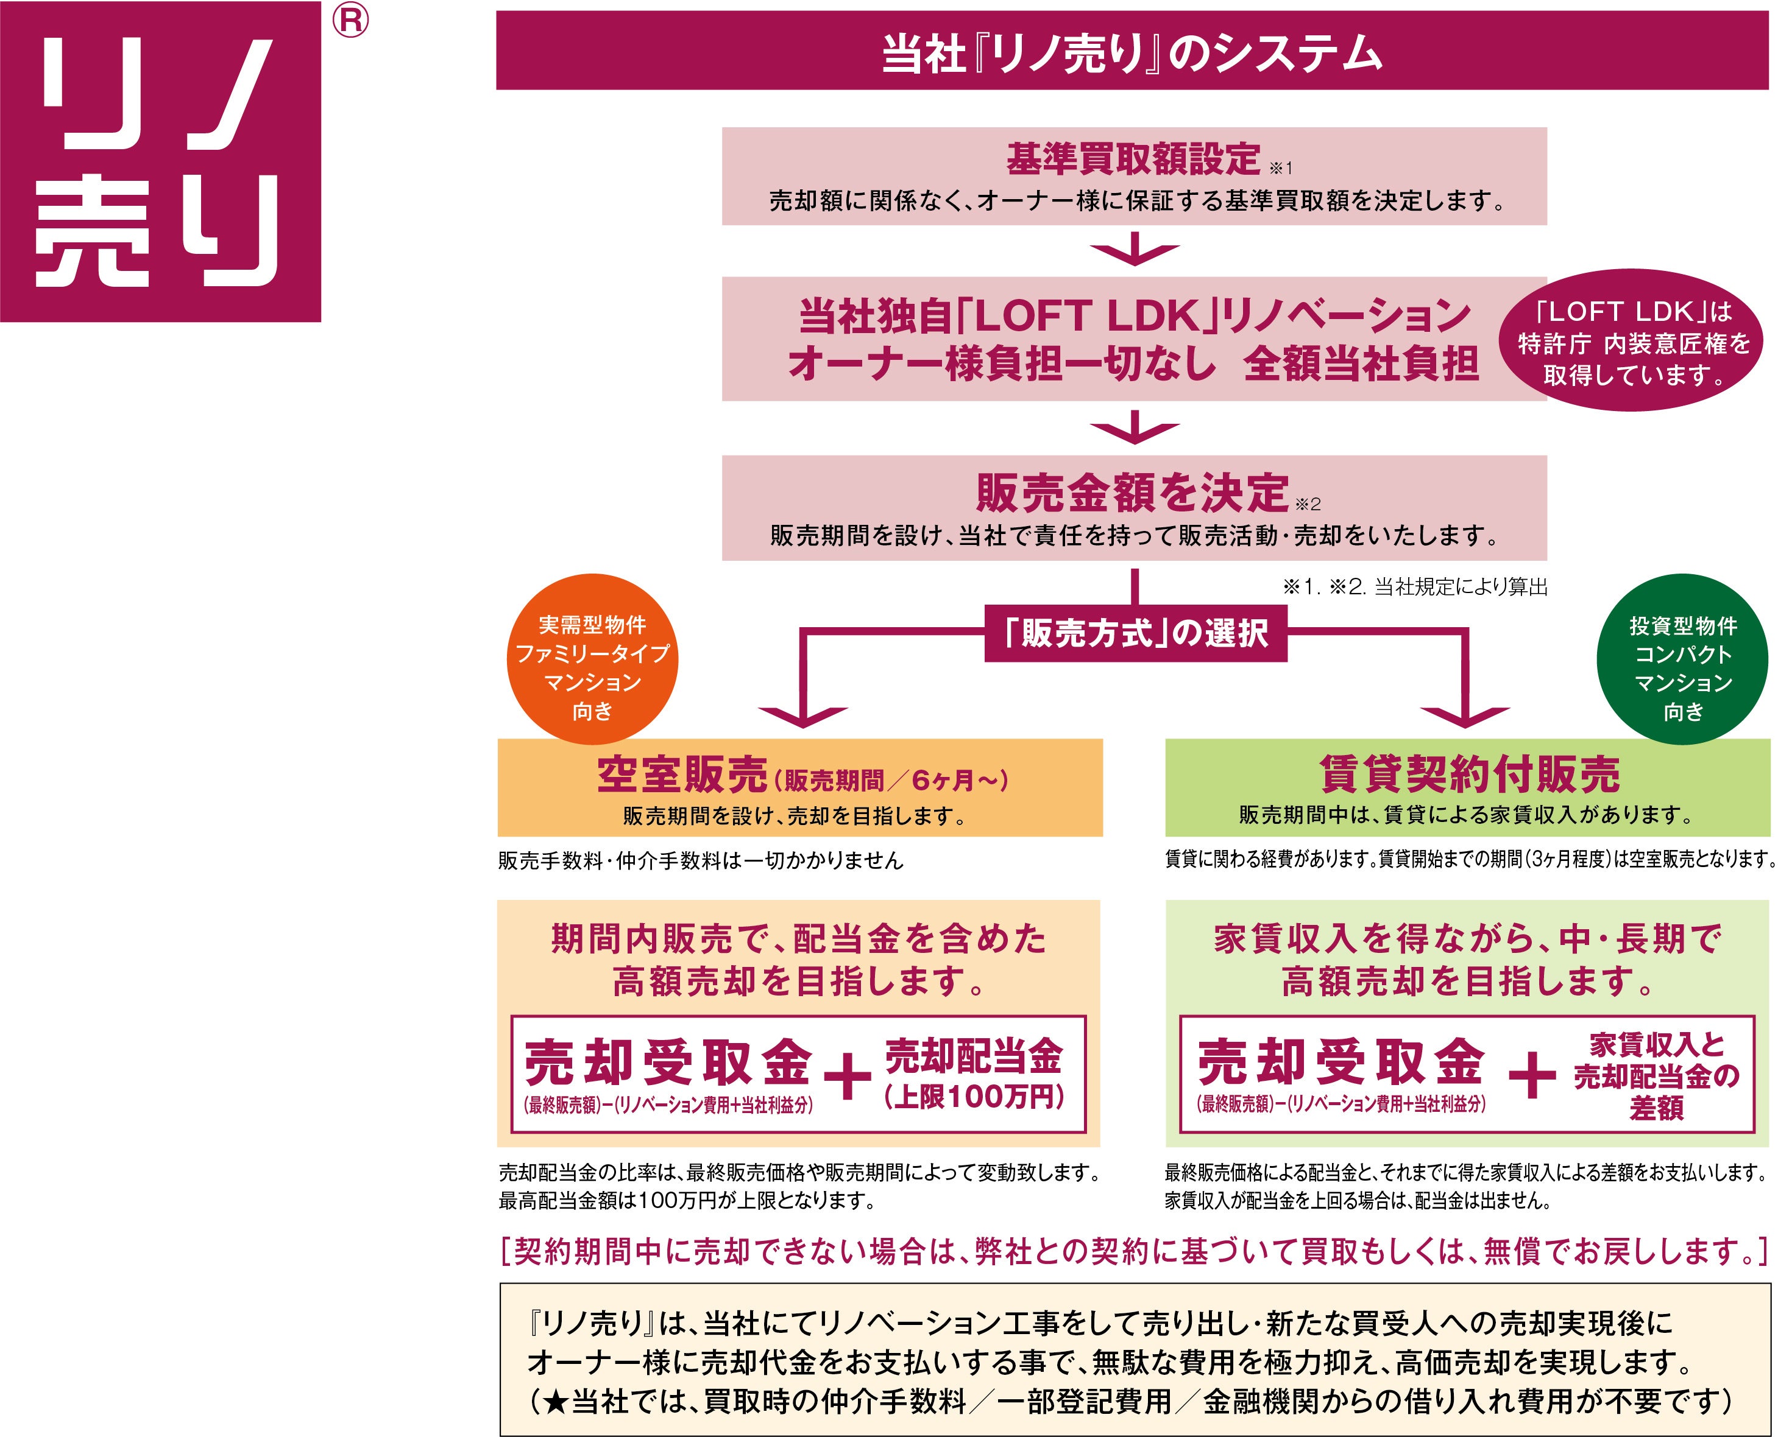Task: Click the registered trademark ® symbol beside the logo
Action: click(350, 21)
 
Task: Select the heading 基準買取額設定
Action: click(1132, 159)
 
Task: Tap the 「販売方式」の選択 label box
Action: click(1135, 634)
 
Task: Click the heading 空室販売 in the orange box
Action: click(682, 776)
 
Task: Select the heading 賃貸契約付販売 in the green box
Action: click(1470, 774)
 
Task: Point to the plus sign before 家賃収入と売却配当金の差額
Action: click(1531, 1076)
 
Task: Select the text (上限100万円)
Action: click(973, 1098)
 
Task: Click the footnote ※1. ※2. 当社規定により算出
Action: click(1414, 588)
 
